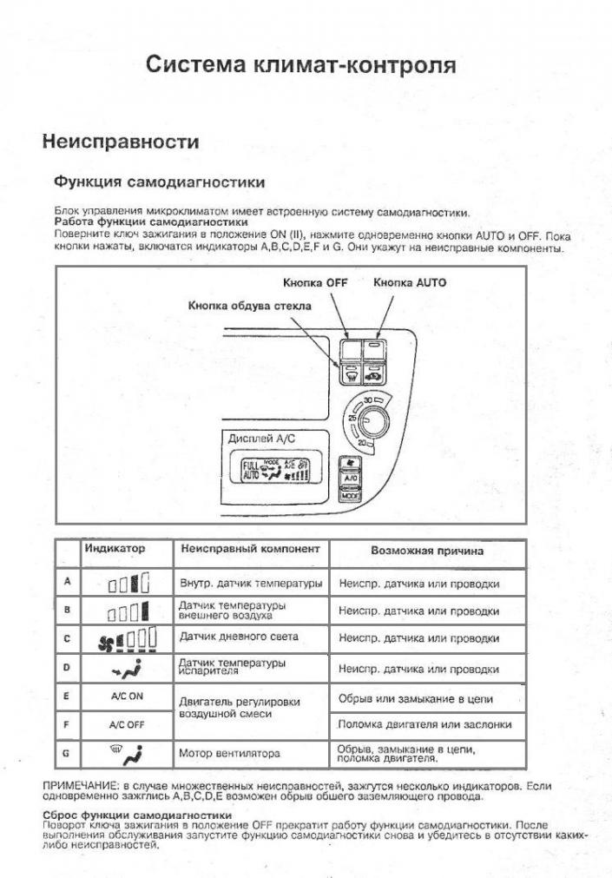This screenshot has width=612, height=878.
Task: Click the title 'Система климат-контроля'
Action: pyautogui.click(x=300, y=65)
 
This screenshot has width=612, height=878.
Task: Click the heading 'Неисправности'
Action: pyautogui.click(x=121, y=141)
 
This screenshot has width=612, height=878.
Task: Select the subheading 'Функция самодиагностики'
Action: pyautogui.click(x=159, y=182)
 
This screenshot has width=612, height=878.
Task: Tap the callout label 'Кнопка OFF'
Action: pyautogui.click(x=314, y=283)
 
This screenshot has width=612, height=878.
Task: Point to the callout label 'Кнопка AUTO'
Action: pyautogui.click(x=411, y=283)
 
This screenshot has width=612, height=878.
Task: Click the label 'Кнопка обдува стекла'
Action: pyautogui.click(x=249, y=306)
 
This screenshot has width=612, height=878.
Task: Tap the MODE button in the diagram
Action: pyautogui.click(x=351, y=495)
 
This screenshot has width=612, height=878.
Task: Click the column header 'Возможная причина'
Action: pyautogui.click(x=427, y=551)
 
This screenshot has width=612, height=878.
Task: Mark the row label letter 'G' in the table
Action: pyautogui.click(x=67, y=753)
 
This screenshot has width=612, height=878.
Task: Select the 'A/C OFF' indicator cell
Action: pyautogui.click(x=127, y=724)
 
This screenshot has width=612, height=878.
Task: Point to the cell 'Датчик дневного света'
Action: pyautogui.click(x=238, y=637)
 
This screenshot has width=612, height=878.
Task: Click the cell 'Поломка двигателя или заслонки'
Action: pyautogui.click(x=424, y=724)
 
